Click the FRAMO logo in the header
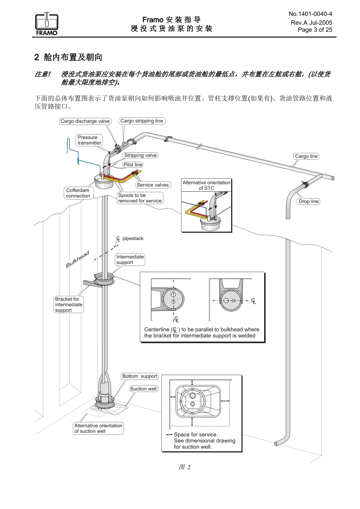click(x=47, y=24)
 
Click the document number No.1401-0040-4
click(x=310, y=14)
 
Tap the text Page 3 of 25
click(x=315, y=30)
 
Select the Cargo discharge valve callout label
click(x=85, y=121)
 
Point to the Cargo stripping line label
click(x=142, y=121)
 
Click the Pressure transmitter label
click(x=89, y=140)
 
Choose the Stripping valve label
click(x=140, y=155)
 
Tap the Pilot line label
click(x=133, y=165)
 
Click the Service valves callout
click(x=153, y=185)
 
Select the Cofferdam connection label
click(x=78, y=193)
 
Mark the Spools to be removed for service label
click(x=140, y=198)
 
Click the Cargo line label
click(x=306, y=156)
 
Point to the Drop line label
click(x=308, y=201)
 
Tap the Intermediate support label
click(x=130, y=259)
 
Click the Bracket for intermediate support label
click(x=69, y=304)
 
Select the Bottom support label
click(x=139, y=376)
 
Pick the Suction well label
click(x=143, y=389)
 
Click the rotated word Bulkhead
click(x=78, y=259)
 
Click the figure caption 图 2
click(x=184, y=467)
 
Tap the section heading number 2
click(x=37, y=58)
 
